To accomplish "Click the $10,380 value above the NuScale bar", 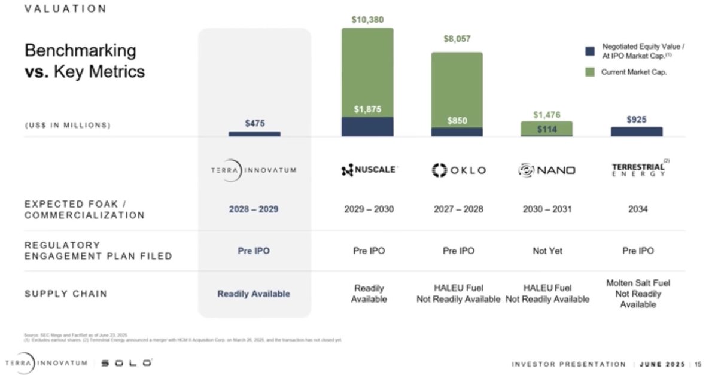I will coord(367,20).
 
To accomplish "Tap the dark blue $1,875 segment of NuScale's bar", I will coord(367,126).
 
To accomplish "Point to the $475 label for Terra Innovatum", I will coord(254,123).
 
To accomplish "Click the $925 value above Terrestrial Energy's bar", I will coord(637,120).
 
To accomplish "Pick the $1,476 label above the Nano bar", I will coord(547,115).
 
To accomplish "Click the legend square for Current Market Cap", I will coord(590,72).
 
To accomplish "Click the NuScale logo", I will coord(368,170).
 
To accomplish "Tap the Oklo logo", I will coord(458,170).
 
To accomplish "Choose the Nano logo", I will coord(547,170).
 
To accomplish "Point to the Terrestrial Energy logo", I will coord(637,169).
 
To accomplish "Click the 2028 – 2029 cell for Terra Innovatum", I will coord(254,210).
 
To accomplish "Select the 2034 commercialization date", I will coord(637,209).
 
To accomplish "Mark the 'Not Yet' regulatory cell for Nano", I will coord(547,251).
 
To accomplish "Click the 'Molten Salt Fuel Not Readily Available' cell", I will coord(638,294).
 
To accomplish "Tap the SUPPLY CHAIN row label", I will coord(66,294).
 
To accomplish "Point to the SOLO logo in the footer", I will coord(126,363).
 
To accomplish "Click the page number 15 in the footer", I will coord(698,364).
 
